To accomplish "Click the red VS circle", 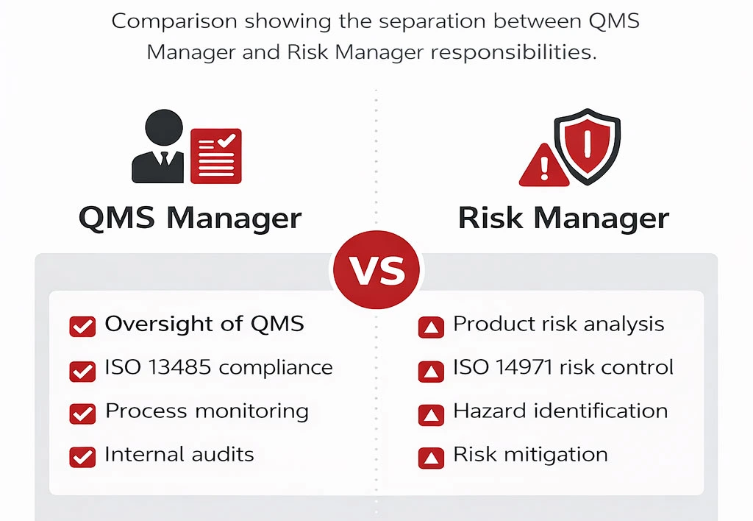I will click(x=376, y=270).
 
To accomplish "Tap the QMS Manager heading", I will click(x=190, y=219).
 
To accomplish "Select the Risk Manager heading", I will click(x=563, y=219).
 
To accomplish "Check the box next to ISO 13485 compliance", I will click(x=82, y=370).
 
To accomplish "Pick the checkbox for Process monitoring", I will click(x=82, y=414).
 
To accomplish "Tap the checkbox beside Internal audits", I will click(x=82, y=457).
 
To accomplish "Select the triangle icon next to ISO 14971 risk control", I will click(x=431, y=370).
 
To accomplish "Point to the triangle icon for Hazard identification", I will click(x=431, y=414).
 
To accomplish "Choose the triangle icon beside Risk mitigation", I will click(x=431, y=457).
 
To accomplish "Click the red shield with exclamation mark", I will click(x=587, y=144).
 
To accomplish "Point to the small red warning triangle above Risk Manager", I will click(x=544, y=166).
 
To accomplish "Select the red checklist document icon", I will click(x=215, y=155).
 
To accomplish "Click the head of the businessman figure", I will click(x=163, y=129).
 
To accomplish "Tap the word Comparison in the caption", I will click(x=174, y=21).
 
